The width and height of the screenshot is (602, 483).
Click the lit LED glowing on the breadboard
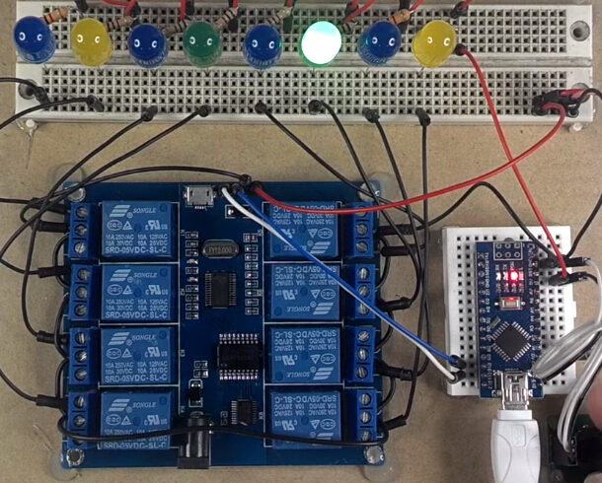point(322,42)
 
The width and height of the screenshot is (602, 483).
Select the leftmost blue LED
point(34,38)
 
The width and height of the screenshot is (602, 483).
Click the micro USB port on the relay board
point(201,195)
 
